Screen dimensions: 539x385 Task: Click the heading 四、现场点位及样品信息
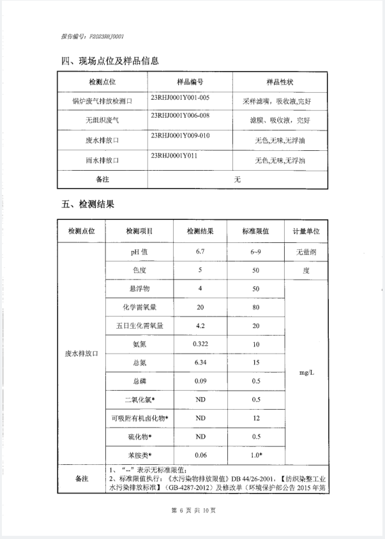109,61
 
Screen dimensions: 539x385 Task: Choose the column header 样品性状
280,82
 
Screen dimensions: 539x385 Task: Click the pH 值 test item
139,253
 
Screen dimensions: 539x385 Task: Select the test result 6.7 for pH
200,253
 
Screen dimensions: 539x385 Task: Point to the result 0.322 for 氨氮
200,345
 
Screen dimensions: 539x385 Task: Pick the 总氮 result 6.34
200,363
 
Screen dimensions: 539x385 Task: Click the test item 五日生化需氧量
139,326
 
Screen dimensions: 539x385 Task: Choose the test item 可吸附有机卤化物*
139,418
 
